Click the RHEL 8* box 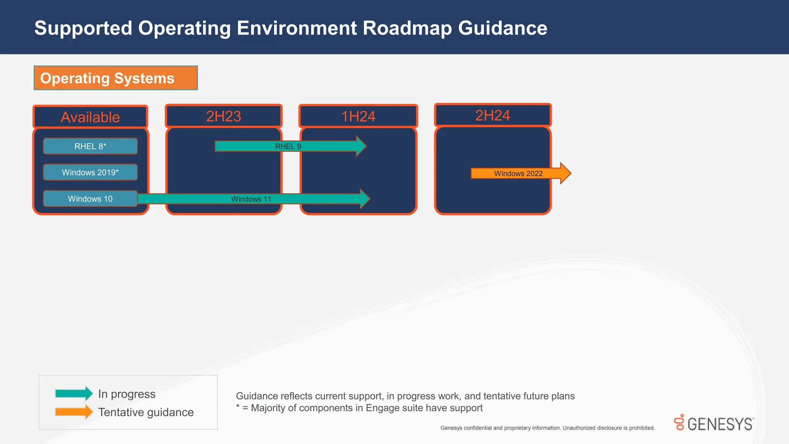coord(90,146)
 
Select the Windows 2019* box coord(90,172)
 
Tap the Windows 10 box coord(90,199)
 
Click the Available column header coord(90,117)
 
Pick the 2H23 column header coord(223,116)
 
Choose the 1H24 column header coord(358,116)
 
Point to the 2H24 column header coord(493,116)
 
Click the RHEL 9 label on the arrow coord(288,146)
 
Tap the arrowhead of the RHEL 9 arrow coord(361,146)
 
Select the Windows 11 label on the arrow coord(251,199)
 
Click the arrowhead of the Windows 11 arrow coord(365,199)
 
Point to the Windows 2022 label coord(518,174)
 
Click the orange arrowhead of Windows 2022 coord(565,173)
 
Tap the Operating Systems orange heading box coord(116,78)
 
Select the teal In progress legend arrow coord(74,394)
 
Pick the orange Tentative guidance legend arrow coord(74,412)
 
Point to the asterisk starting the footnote coord(238,407)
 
